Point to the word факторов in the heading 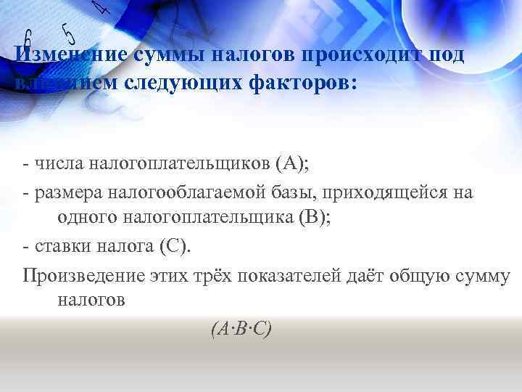pyautogui.click(x=304, y=83)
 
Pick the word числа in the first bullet pyautogui.click(x=58, y=163)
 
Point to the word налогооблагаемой pyautogui.click(x=182, y=192)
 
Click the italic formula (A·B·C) pyautogui.click(x=241, y=329)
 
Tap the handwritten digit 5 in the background pyautogui.click(x=69, y=34)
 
